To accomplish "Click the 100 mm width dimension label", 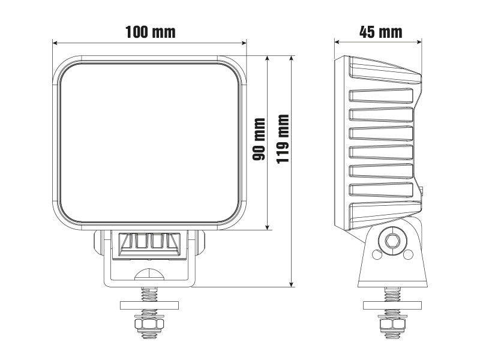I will [x=150, y=32].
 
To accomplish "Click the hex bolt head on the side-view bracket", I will [x=392, y=241].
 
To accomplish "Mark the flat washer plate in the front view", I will [x=149, y=305].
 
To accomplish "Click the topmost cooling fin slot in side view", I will [x=382, y=97].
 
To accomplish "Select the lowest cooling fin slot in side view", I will [x=382, y=190].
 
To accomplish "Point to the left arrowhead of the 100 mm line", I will [x=55, y=43].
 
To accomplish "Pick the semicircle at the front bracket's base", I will [x=149, y=275].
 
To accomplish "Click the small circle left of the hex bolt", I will [x=377, y=254].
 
